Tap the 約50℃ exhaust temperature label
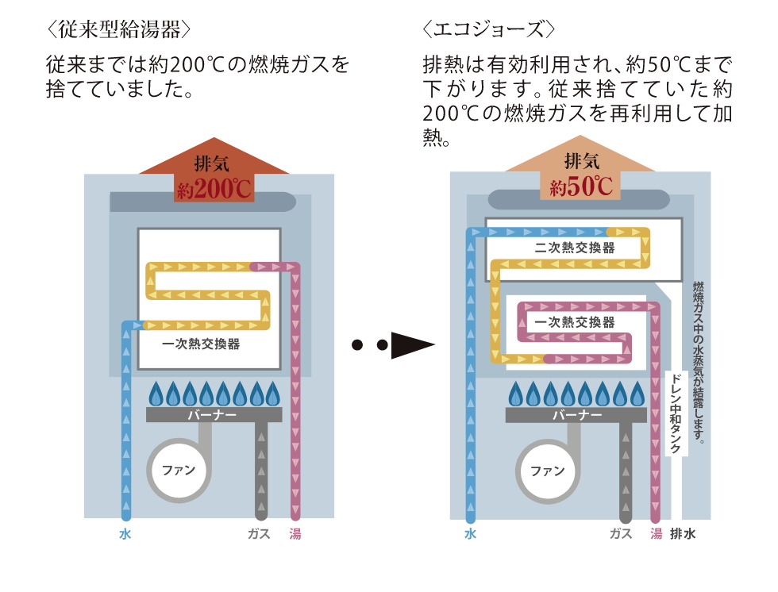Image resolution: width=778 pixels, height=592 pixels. [x=581, y=187]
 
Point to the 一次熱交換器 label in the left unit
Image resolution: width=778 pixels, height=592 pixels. [x=201, y=344]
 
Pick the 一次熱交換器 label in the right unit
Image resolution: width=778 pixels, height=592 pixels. [x=575, y=322]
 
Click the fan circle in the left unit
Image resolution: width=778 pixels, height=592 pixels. [x=179, y=470]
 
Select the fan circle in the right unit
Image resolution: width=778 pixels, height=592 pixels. [x=548, y=471]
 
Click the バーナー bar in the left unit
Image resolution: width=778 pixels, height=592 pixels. [x=214, y=415]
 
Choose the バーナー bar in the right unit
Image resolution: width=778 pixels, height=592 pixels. [x=576, y=415]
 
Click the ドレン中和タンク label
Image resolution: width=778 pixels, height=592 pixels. [x=674, y=413]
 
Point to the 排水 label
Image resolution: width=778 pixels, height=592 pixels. [x=683, y=534]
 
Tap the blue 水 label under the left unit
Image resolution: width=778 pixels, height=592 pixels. [x=125, y=534]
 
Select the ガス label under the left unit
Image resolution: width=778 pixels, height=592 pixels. [x=260, y=534]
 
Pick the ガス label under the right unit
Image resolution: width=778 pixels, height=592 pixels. [x=621, y=534]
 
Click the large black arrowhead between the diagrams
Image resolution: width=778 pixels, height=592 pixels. [x=414, y=345]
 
